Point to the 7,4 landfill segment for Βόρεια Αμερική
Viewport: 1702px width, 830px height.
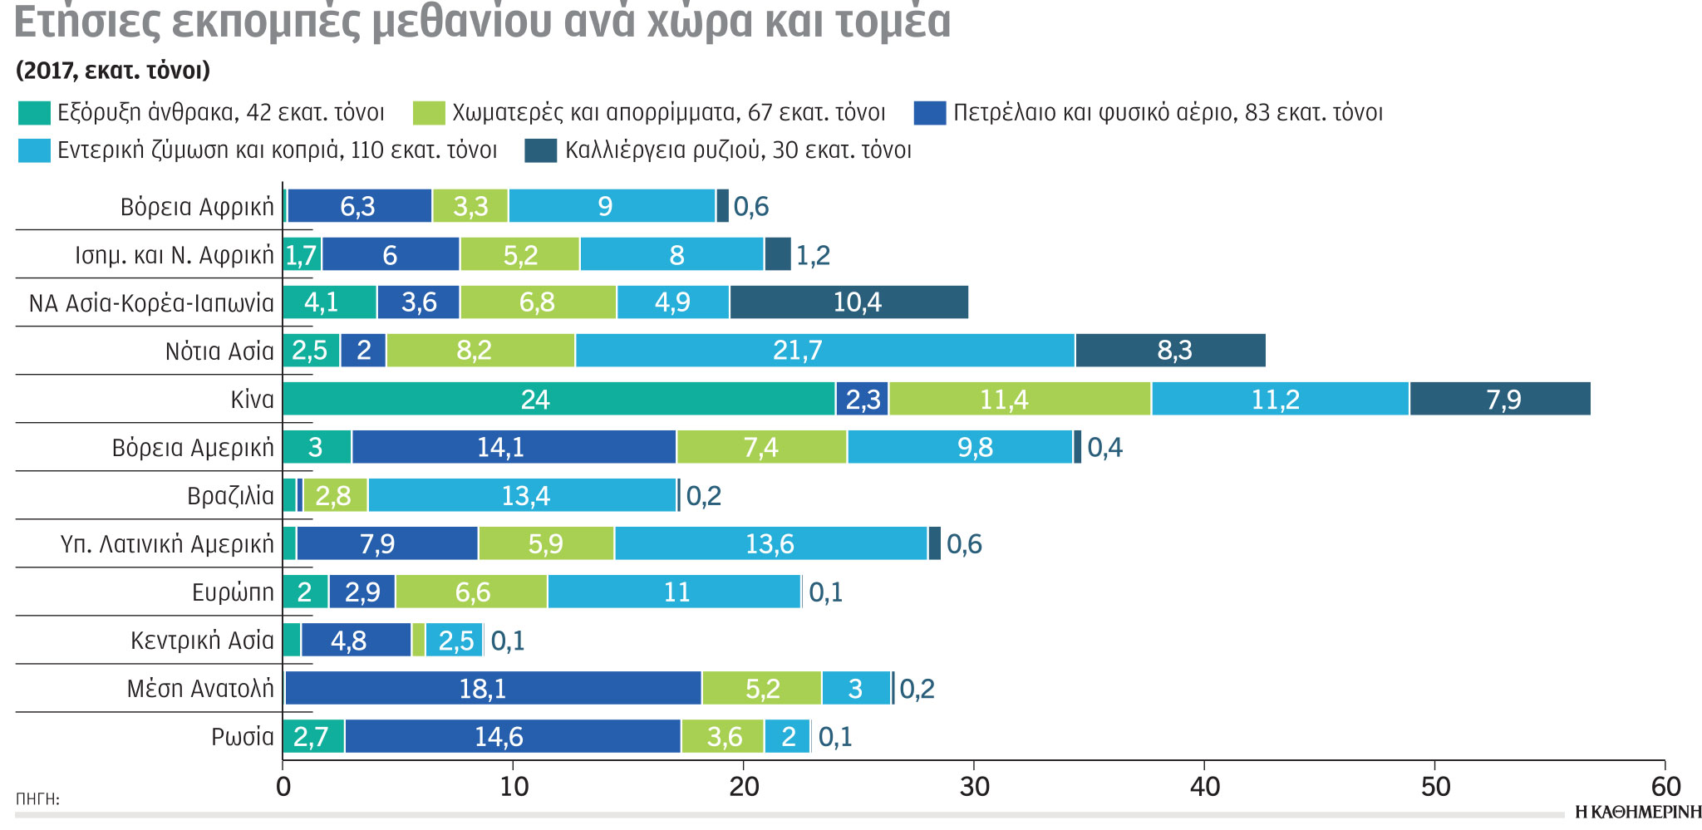(x=761, y=448)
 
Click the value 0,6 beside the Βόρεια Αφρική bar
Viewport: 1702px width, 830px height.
(x=750, y=207)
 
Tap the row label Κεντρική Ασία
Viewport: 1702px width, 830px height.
(x=202, y=641)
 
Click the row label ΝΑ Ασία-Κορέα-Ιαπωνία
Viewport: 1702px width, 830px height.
(x=151, y=303)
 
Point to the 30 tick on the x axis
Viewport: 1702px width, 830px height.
(x=974, y=786)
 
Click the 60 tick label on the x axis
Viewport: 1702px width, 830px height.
(x=1665, y=786)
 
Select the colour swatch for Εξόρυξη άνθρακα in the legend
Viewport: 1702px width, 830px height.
(x=34, y=113)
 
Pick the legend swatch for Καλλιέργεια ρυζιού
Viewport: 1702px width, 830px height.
(x=541, y=150)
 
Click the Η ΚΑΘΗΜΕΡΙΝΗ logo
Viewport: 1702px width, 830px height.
(x=1637, y=812)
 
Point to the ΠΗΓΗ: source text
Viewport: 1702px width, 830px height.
(x=37, y=799)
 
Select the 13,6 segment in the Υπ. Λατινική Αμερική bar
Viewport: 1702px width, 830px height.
(x=770, y=544)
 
